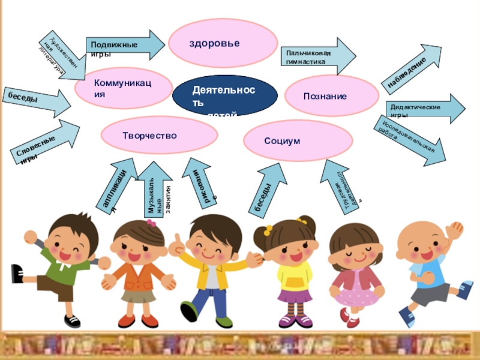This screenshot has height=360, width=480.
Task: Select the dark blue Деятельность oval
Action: (224, 96)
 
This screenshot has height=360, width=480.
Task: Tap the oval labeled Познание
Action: (331, 95)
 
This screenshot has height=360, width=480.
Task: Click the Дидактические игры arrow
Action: (424, 109)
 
